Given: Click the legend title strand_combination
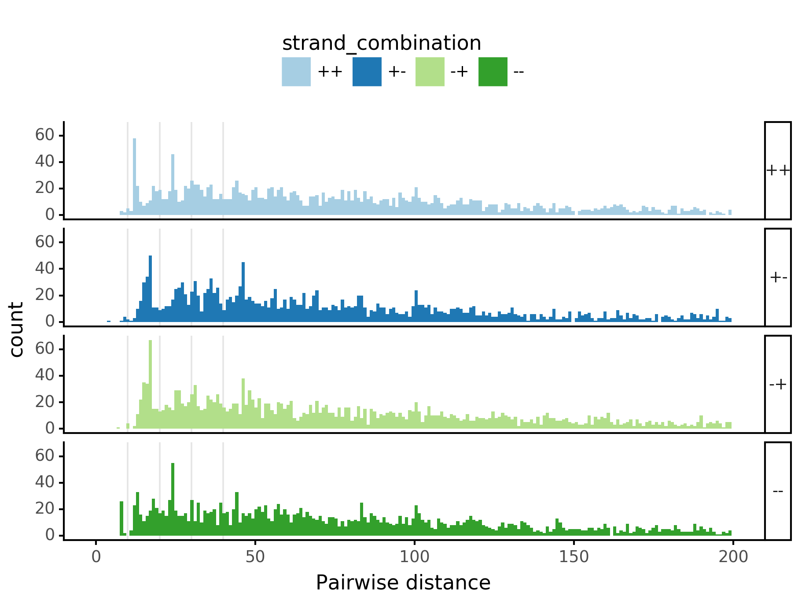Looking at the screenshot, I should point(382,44).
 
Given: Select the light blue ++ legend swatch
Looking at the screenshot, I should point(296,72).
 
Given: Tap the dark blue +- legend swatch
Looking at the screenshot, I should point(367,72).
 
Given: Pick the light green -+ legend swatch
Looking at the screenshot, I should point(430,72).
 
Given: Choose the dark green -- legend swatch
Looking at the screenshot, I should point(493,72).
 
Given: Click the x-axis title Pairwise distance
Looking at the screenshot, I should point(403,583).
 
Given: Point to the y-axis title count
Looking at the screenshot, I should point(17,330).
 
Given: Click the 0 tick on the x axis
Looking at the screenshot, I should point(96,557).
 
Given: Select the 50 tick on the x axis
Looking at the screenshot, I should point(255,557).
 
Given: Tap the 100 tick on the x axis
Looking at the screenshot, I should point(414,557).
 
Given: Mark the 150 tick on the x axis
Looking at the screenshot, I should point(574,557).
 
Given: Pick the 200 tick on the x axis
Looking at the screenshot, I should point(733,557).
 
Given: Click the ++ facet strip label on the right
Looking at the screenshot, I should point(778,170).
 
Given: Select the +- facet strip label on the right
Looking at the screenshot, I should point(778,278).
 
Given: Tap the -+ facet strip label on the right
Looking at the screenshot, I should point(778,385).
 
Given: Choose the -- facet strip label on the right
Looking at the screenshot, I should point(778,491).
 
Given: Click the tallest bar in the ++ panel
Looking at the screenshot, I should point(135,176).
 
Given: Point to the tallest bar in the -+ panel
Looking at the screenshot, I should point(151,383).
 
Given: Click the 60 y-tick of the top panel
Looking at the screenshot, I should point(44,135).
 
